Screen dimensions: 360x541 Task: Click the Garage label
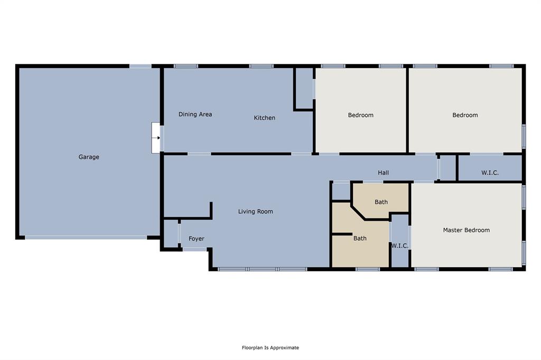pyautogui.click(x=89, y=157)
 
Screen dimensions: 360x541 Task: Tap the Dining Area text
pyautogui.click(x=195, y=114)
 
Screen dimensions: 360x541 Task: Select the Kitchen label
pyautogui.click(x=264, y=118)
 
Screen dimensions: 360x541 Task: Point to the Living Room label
pyautogui.click(x=255, y=212)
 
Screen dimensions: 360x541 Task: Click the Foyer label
pyautogui.click(x=196, y=239)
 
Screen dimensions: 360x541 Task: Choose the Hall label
pyautogui.click(x=383, y=173)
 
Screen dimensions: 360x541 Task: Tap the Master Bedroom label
pyautogui.click(x=466, y=230)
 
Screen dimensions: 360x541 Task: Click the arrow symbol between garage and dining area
pyautogui.click(x=156, y=138)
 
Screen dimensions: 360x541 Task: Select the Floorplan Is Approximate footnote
pyautogui.click(x=270, y=348)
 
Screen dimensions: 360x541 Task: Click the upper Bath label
pyautogui.click(x=381, y=202)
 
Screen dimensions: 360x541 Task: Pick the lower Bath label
pyautogui.click(x=360, y=239)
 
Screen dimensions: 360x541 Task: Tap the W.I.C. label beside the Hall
pyautogui.click(x=490, y=173)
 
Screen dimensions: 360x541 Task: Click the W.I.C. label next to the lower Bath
pyautogui.click(x=399, y=246)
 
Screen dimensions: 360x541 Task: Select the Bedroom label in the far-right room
pyautogui.click(x=465, y=115)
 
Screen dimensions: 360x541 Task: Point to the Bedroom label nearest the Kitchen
pyautogui.click(x=360, y=115)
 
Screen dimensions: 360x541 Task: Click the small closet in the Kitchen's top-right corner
pyautogui.click(x=304, y=88)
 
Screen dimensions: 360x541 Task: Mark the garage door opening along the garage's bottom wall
pyautogui.click(x=86, y=238)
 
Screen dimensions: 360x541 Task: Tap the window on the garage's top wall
pyautogui.click(x=140, y=66)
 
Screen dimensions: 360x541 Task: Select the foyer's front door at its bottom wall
pyautogui.click(x=194, y=249)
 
